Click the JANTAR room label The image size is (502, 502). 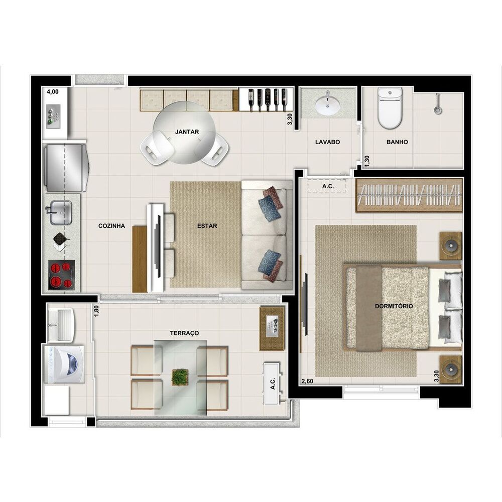point(187,132)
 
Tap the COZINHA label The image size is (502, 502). point(111,226)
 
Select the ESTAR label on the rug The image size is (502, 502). point(207,226)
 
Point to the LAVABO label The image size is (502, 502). point(327,142)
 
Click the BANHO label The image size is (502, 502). point(397,142)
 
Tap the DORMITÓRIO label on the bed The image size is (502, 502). point(394,306)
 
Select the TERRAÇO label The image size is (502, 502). point(184,333)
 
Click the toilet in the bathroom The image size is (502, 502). point(390,108)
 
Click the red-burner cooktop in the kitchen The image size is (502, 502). point(61,275)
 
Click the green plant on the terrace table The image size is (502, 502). point(180,377)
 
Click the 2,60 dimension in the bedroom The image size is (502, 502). point(307,382)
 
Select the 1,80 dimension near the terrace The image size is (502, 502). point(96,312)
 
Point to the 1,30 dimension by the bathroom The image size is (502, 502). point(366,161)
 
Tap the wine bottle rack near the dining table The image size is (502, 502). point(266,99)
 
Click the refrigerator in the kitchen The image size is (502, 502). point(65,167)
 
